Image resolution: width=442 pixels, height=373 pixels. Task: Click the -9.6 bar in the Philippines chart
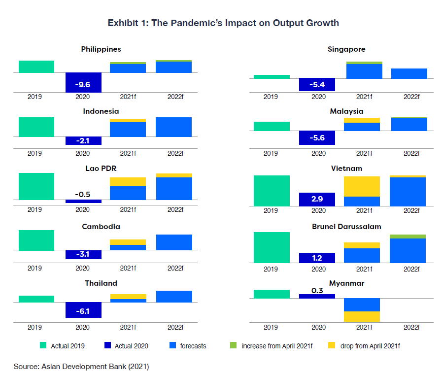[x=83, y=82]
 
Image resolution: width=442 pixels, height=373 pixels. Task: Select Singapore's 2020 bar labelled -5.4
[x=317, y=84]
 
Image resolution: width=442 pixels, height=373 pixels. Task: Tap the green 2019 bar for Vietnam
[x=271, y=191]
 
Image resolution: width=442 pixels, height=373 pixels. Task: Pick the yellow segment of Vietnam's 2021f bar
[x=362, y=186]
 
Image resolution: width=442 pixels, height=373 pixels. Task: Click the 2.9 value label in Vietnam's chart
[x=317, y=199]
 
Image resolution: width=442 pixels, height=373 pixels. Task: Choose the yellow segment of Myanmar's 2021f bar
[x=362, y=316]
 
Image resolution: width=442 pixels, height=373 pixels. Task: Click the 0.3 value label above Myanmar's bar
[x=317, y=290]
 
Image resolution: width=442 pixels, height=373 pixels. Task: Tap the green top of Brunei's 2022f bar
[x=408, y=237]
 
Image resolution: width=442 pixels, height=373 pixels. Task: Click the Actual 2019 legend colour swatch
[x=42, y=346]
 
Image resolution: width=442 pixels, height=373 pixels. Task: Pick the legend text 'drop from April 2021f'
[x=370, y=346]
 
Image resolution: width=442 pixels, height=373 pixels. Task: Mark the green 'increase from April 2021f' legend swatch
[x=234, y=346]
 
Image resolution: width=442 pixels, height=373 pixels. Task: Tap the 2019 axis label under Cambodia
[x=34, y=269]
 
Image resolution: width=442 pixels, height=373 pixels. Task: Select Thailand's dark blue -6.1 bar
[x=83, y=310]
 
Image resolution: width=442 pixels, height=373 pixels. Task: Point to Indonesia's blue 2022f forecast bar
[x=173, y=127]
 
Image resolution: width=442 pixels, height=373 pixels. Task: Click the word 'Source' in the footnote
[x=26, y=367]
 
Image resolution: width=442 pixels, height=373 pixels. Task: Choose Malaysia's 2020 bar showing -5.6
[x=317, y=138]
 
